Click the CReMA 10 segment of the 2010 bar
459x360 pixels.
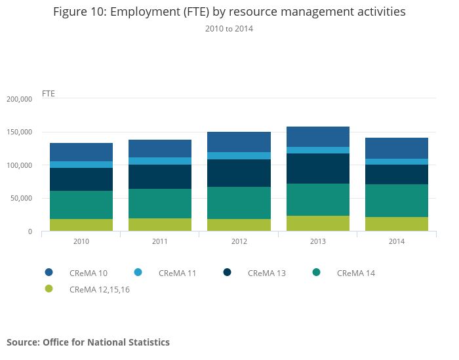81,152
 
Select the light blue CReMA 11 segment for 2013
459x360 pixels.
318,150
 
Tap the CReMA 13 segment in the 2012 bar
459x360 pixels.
239,173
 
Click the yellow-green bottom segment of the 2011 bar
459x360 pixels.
160,224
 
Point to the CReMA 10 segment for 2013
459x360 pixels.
318,136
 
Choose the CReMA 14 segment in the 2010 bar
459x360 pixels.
81,205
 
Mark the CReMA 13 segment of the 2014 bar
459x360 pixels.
397,174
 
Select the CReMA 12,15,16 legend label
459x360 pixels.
99,289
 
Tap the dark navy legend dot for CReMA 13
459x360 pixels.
228,272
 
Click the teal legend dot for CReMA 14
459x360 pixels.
317,272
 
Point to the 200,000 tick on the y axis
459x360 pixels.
19,99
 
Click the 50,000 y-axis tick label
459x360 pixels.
21,199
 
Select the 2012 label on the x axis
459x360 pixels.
239,241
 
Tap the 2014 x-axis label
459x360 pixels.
397,241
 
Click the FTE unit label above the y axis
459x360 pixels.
49,93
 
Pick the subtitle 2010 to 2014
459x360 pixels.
229,29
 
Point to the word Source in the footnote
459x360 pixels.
22,342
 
